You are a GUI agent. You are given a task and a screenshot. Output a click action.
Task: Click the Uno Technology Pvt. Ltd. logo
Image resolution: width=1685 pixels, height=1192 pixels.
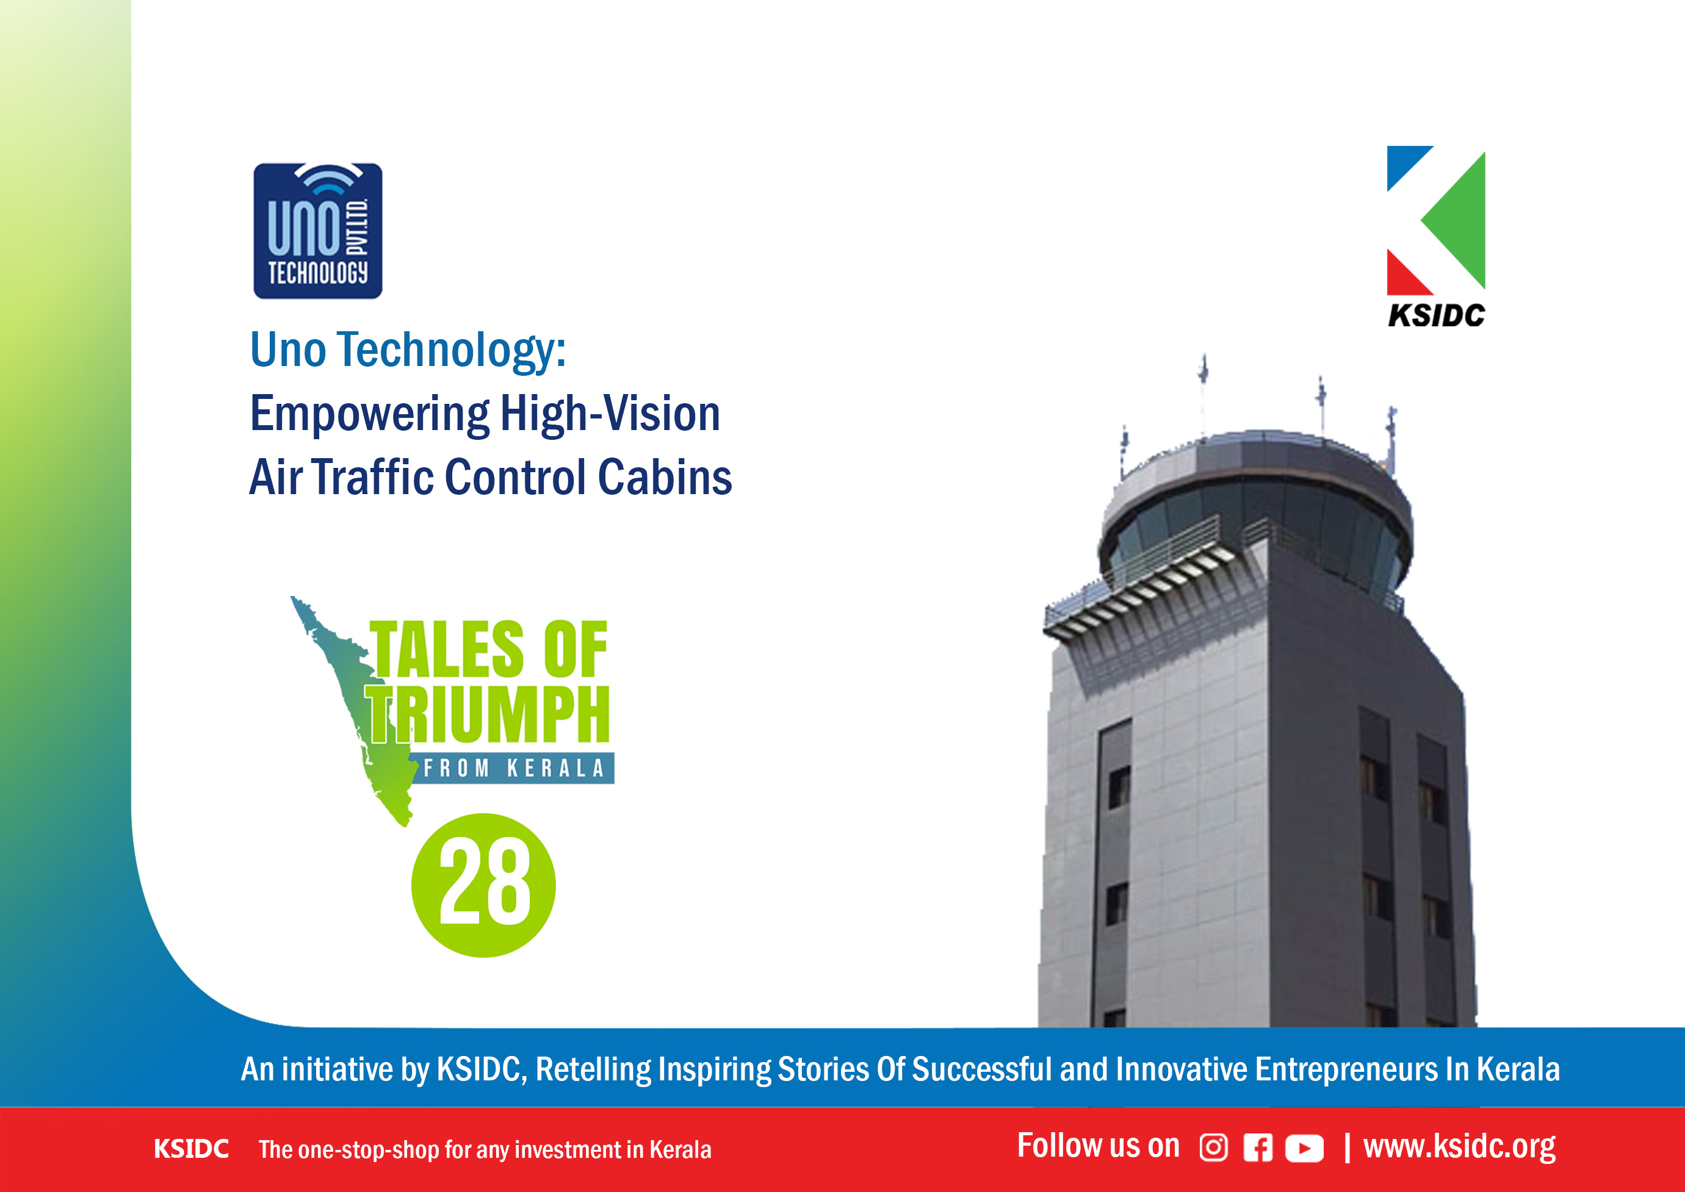click(x=318, y=231)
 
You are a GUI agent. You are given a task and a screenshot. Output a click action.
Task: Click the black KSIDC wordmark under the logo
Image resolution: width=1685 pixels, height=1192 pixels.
click(x=1436, y=315)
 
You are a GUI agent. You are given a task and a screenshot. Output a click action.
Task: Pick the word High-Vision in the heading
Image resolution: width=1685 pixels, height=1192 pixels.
click(x=610, y=414)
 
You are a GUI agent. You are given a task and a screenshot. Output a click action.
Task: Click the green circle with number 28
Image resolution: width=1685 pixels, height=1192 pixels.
click(x=483, y=885)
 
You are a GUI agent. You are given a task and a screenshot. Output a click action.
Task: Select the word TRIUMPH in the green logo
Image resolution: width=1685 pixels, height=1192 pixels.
click(x=488, y=715)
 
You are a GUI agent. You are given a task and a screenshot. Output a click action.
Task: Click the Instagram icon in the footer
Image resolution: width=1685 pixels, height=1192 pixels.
click(x=1213, y=1147)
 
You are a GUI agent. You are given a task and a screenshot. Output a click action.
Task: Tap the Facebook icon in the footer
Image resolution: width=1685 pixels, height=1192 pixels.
click(x=1258, y=1148)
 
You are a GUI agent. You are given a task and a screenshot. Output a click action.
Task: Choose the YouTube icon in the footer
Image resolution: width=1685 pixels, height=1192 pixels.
click(x=1304, y=1149)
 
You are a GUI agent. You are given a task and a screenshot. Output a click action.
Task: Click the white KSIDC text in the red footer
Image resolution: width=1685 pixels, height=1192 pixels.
click(x=191, y=1149)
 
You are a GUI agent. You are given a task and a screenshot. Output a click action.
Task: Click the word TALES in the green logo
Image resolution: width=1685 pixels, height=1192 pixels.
click(x=446, y=649)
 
